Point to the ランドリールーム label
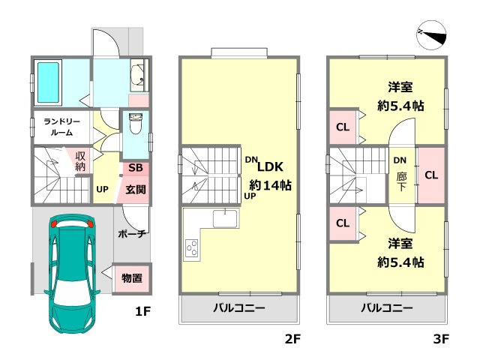coord(62,126)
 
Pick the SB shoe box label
coord(136,168)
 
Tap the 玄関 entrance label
coord(135,189)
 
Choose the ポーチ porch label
coord(131,234)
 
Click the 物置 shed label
coord(132,278)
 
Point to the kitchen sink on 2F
coord(224,218)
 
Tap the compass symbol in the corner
coord(431,34)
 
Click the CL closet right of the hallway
coord(431,175)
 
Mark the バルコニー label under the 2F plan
coord(238,308)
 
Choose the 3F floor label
coord(440,339)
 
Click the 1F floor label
coord(143,308)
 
